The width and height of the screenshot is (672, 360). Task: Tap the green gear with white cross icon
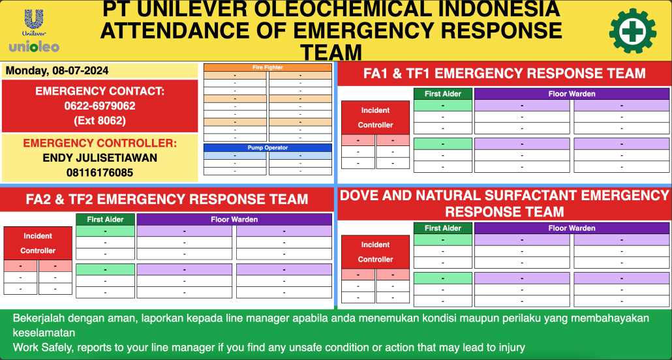[x=633, y=31]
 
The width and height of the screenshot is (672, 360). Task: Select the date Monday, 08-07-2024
[x=57, y=71]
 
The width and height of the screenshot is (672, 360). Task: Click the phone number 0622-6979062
[x=100, y=106]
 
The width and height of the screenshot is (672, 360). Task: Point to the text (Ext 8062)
[x=100, y=120]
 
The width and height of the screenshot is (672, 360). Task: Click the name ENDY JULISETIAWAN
[x=100, y=158]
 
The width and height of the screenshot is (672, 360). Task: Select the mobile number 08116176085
[x=100, y=173]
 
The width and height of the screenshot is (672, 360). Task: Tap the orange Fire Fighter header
[x=267, y=67]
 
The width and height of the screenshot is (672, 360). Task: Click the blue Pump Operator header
[x=267, y=147]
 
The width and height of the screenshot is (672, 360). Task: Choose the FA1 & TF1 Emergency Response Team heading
[x=504, y=74]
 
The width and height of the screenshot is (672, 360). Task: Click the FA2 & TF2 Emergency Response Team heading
[x=167, y=199]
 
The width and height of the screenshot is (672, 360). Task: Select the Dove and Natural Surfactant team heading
[x=504, y=203]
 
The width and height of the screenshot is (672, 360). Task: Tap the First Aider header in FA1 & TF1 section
[x=443, y=94]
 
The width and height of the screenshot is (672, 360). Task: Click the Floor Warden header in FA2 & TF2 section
[x=234, y=220]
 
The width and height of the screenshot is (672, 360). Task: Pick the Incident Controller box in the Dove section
[x=375, y=252]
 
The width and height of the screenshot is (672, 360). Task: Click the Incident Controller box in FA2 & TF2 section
[x=38, y=243]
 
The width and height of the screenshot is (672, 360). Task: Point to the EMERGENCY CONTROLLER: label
[x=100, y=143]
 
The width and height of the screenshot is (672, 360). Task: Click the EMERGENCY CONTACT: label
[x=100, y=91]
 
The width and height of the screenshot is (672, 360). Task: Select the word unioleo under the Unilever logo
[x=34, y=47]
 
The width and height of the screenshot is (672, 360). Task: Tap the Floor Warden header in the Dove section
[x=572, y=228]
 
